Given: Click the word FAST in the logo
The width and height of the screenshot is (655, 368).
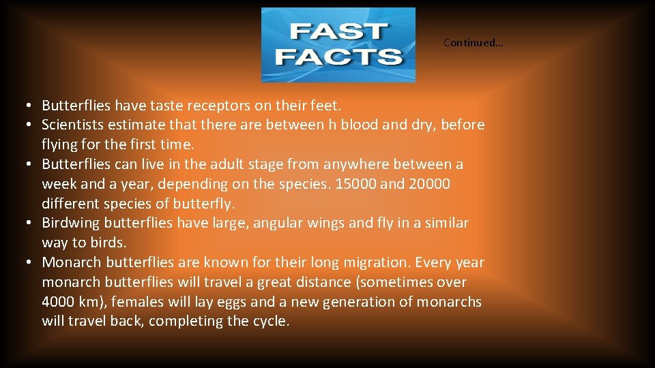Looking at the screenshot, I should pos(338,32).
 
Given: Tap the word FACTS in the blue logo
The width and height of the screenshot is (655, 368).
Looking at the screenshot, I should pos(338,56).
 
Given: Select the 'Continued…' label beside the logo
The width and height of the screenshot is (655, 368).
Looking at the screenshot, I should pos(473,42).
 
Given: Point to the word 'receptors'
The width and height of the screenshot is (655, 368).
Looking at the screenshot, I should pos(221,106).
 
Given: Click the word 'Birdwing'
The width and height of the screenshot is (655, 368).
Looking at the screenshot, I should pos(70,223).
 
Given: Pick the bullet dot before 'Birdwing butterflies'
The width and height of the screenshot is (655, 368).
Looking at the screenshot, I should pos(31,224).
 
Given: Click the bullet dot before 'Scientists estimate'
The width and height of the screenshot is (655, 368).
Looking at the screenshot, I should pos(31,125).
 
